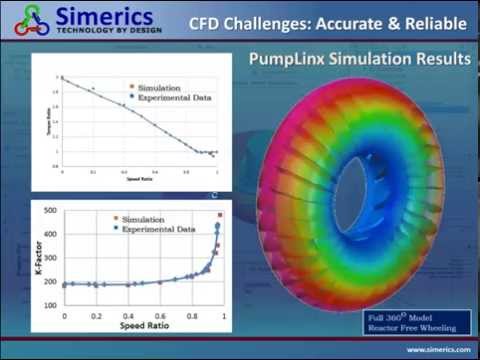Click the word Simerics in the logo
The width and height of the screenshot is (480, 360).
coord(106,17)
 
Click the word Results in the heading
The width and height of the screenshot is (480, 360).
coord(438,62)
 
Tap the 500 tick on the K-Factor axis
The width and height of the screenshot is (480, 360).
coord(48,212)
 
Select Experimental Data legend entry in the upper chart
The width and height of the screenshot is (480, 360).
coord(160,97)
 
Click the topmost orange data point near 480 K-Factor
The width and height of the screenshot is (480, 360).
coord(220,215)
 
